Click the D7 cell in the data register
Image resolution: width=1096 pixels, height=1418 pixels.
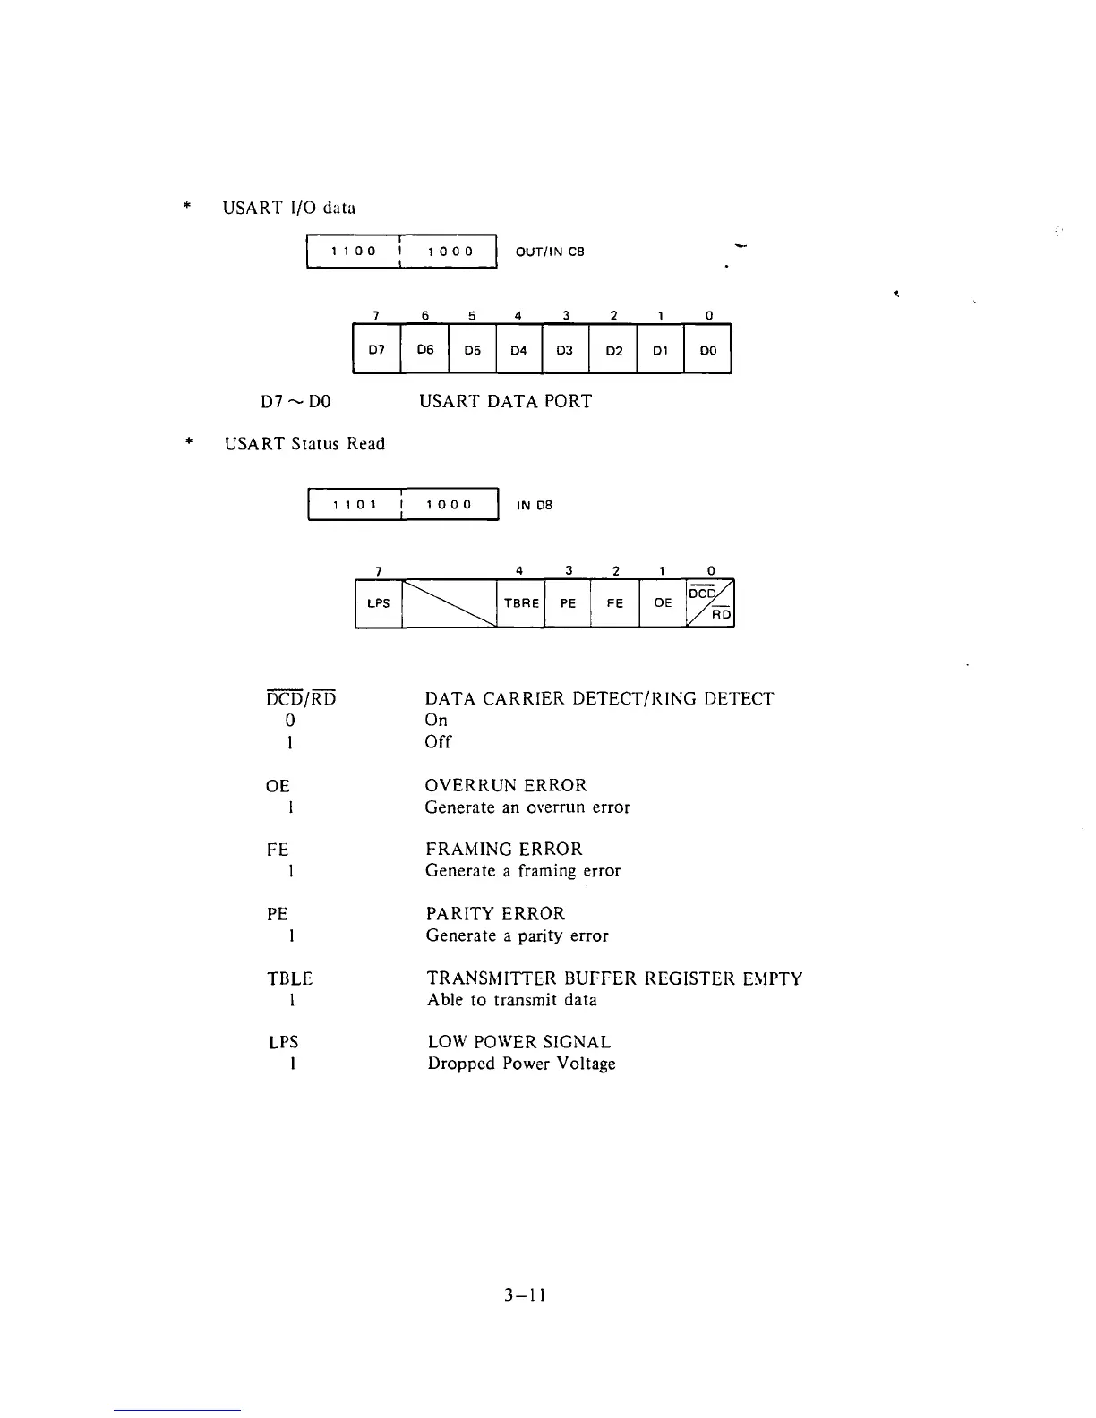coord(377,350)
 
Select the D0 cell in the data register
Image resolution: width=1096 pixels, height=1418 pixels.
coord(708,350)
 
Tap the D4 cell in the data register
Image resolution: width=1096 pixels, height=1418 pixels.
coord(518,350)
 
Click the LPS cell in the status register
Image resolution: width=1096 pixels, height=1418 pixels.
coord(379,603)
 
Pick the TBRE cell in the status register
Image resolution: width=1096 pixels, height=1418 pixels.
coord(521,603)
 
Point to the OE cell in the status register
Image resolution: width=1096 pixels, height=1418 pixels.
coord(663,603)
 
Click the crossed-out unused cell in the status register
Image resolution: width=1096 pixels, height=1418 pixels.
coord(449,603)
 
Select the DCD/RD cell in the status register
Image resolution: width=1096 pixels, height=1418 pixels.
coord(710,603)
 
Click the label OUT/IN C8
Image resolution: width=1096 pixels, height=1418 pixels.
coord(550,252)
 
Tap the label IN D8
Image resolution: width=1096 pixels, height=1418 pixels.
coord(535,505)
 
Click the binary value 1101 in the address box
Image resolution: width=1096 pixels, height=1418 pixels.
coord(355,505)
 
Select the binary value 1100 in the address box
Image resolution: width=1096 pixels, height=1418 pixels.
coord(354,252)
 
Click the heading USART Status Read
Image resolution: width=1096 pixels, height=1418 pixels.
coord(304,444)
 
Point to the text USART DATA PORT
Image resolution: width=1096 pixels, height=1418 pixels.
coord(505,401)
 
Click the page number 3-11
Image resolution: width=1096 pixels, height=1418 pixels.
coord(525,1295)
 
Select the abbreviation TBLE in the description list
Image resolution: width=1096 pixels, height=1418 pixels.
coord(289,978)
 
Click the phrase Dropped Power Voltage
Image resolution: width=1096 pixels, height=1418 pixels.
coord(521,1063)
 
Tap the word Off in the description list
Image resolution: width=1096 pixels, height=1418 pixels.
coord(438,742)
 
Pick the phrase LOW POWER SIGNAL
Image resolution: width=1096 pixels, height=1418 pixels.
coord(519,1042)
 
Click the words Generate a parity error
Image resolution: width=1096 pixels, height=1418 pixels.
coord(517,935)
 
